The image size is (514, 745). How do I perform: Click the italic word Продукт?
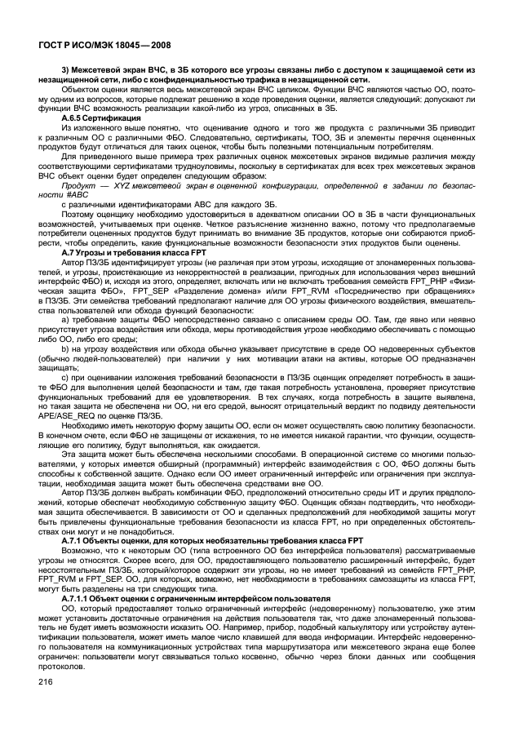tap(80, 186)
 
